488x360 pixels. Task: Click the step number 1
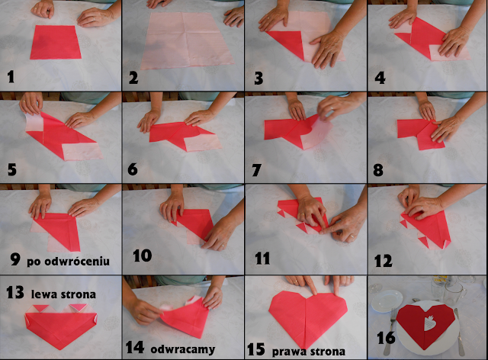coord(11,76)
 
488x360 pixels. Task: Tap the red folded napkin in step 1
coord(56,42)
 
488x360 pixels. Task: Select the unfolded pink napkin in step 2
coord(187,40)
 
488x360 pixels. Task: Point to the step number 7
coord(256,170)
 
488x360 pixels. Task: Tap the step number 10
coord(143,256)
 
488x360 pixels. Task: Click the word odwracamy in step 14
coord(183,349)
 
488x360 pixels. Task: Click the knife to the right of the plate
coord(460,332)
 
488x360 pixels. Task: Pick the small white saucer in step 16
coord(387,301)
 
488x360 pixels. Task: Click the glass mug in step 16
coord(454,294)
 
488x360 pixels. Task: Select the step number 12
coord(383,261)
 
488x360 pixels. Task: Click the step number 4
coord(380,78)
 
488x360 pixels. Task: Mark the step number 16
coord(386,338)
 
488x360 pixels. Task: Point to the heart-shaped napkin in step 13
coord(61,326)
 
